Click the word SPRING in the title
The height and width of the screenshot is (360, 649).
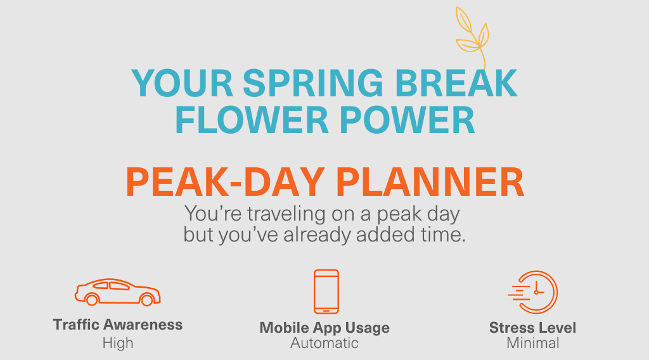pos(308,82)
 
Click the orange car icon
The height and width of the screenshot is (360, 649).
pos(117,292)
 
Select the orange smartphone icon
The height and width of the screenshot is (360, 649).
pos(326,292)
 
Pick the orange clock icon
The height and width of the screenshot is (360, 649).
pos(534,292)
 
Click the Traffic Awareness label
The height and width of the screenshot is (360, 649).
pos(118,325)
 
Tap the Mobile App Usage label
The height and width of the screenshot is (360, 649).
pos(324,328)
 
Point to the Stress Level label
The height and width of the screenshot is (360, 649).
pos(532,328)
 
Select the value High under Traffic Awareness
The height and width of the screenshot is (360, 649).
pos(118,343)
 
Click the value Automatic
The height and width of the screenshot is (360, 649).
pos(324,343)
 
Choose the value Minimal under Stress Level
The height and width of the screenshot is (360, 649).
pos(532,343)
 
